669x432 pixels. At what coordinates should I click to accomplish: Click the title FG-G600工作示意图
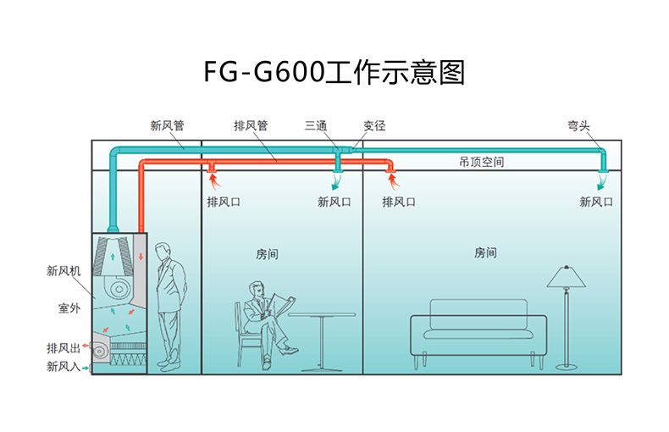(334, 72)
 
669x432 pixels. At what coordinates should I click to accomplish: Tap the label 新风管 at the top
(167, 126)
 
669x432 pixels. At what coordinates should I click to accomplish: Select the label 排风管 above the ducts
(251, 126)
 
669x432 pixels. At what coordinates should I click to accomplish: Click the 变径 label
(374, 126)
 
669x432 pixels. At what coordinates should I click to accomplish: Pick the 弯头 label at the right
(579, 126)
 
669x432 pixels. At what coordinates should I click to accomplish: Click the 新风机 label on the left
(63, 272)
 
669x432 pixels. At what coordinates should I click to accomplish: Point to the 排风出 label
(63, 348)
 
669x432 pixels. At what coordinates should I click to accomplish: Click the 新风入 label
(63, 367)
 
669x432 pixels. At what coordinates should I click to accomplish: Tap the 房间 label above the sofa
(485, 253)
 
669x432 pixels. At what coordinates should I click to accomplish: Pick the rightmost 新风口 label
(596, 202)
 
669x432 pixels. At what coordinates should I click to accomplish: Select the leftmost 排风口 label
(224, 202)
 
